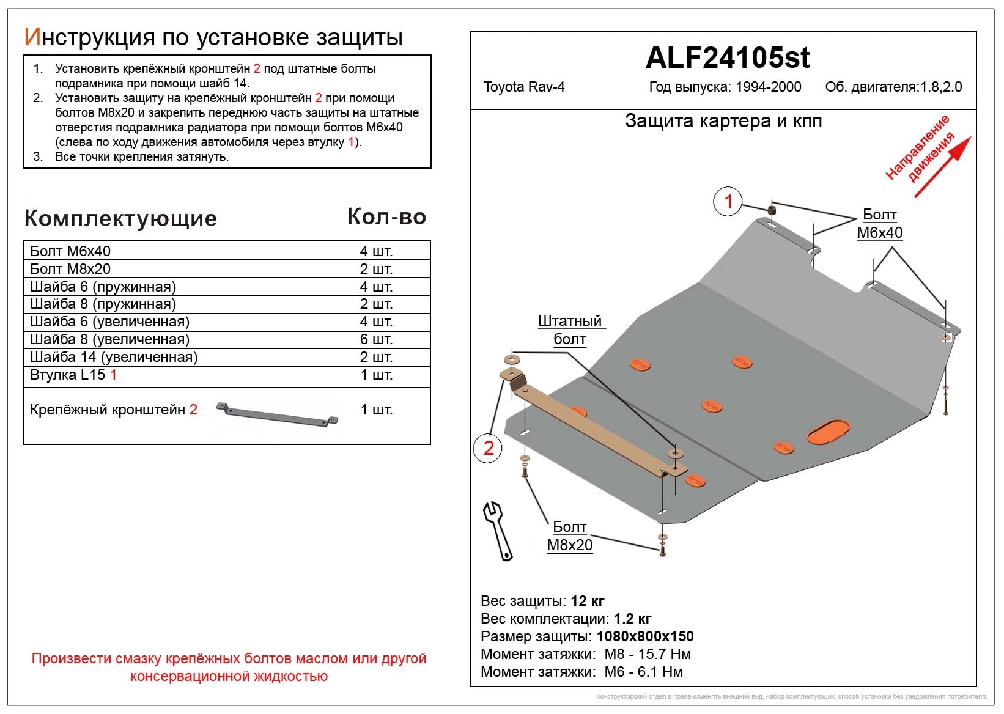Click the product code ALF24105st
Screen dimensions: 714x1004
tap(727, 58)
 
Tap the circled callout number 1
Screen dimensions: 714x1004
tap(728, 201)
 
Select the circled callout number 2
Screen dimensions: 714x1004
tap(488, 448)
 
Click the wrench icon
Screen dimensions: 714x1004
tap(498, 530)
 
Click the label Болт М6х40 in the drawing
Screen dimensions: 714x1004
tap(879, 224)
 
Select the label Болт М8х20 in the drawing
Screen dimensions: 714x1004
tap(569, 536)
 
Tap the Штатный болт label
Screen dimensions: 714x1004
tap(569, 330)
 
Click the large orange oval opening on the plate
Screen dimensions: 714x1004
tap(828, 431)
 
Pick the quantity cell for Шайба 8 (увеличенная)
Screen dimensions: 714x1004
tap(376, 339)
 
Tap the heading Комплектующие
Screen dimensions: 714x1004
tap(120, 218)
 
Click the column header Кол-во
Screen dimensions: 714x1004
tap(386, 216)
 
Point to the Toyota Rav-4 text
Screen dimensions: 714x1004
tap(524, 87)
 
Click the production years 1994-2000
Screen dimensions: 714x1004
tap(768, 87)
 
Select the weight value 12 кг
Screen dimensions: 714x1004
tap(587, 601)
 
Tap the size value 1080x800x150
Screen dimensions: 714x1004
tap(645, 636)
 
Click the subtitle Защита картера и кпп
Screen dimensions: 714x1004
tap(723, 121)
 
